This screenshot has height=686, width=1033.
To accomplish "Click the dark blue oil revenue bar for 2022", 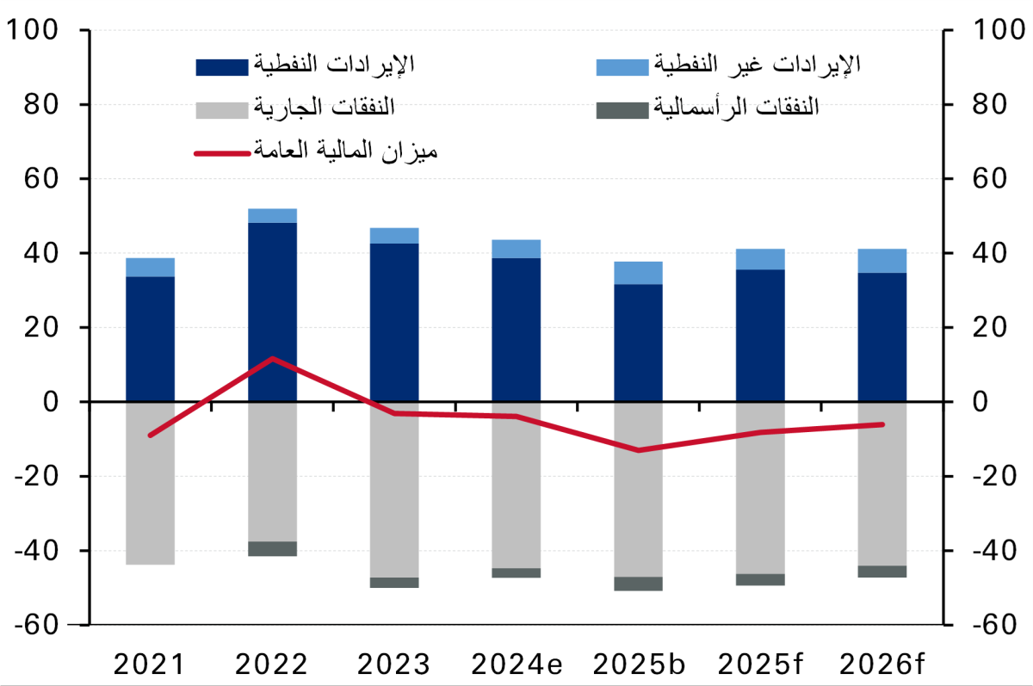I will click(x=272, y=312).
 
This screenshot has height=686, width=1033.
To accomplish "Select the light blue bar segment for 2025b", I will click(x=638, y=273).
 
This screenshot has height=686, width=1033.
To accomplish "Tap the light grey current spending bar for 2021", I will click(x=150, y=482).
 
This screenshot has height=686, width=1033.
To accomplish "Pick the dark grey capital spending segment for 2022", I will click(x=272, y=549).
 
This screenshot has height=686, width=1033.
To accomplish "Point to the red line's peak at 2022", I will click(x=272, y=358).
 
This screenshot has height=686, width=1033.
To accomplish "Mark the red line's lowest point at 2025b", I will click(x=638, y=450).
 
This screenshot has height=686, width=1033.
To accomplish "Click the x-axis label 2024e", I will click(x=516, y=664).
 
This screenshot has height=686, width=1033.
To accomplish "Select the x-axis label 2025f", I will click(x=760, y=664).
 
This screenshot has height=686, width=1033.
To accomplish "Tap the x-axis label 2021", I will click(x=150, y=664).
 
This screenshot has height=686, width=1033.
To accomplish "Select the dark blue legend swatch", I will click(x=222, y=66).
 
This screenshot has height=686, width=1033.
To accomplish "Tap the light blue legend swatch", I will click(x=622, y=66).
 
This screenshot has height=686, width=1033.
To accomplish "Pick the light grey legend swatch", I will click(x=222, y=109).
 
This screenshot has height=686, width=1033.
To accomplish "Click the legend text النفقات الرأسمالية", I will click(x=737, y=108).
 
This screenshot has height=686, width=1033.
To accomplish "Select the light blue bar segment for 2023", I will click(x=394, y=235).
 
